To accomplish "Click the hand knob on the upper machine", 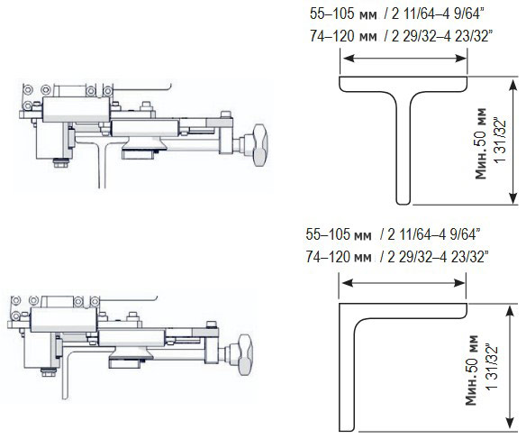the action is click(x=260, y=145).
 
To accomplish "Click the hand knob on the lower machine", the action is click(x=245, y=354).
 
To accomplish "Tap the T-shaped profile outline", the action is click(x=403, y=134).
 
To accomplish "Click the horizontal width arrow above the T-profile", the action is click(x=404, y=59).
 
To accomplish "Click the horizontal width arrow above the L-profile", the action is click(x=403, y=283).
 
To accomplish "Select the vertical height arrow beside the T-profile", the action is click(x=512, y=141).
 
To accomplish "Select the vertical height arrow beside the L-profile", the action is click(x=510, y=368).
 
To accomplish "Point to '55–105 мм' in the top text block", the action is click(x=343, y=14).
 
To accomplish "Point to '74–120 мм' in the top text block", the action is click(x=343, y=36).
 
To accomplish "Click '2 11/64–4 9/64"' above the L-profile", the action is click(x=434, y=234).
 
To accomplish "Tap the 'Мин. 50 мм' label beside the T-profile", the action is click(x=481, y=143).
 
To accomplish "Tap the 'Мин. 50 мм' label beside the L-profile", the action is click(x=471, y=370).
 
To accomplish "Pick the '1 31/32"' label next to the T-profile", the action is click(x=499, y=141).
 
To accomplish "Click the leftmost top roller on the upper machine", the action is click(x=28, y=90).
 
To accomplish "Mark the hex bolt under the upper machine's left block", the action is click(x=61, y=163).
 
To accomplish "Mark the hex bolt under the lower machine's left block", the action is click(x=49, y=371).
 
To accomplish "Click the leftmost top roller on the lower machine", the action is click(x=15, y=300).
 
